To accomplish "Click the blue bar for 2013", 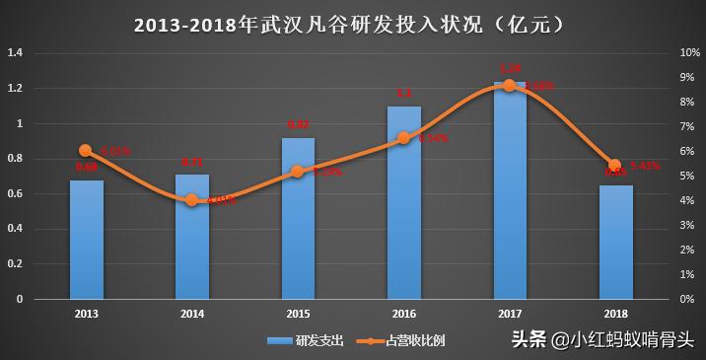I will click(86, 240).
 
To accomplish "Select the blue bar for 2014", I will click(192, 237).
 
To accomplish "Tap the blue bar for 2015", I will click(298, 219).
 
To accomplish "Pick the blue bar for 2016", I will click(403, 202).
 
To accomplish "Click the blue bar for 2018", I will click(615, 242).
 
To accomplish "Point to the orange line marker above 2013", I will click(85, 151).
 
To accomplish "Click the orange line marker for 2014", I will click(192, 199).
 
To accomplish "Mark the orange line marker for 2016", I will click(403, 138).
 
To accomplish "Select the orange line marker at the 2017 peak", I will click(509, 85).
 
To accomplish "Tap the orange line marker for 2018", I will click(615, 165).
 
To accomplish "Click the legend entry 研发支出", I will click(305, 340).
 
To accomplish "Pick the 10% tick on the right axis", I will click(689, 53).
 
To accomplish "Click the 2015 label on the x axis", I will click(298, 313).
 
